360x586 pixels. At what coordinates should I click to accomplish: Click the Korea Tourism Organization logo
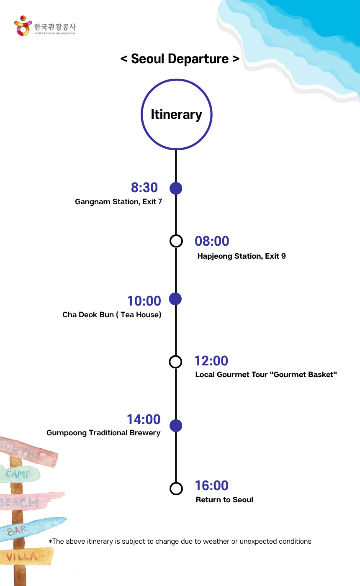click(x=45, y=27)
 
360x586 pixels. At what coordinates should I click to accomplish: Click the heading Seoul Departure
click(x=180, y=59)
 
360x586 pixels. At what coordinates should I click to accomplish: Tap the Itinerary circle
click(x=176, y=114)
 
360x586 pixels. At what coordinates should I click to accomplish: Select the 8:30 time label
click(x=144, y=188)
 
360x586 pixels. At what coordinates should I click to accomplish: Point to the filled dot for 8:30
click(x=176, y=188)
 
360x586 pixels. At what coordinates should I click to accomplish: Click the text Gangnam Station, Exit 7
click(x=118, y=202)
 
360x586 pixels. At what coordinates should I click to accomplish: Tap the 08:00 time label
click(x=212, y=241)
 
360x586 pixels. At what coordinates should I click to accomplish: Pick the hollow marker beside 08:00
click(x=176, y=241)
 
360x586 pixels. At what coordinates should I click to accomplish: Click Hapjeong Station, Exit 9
click(x=242, y=256)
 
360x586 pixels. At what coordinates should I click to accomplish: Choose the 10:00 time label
click(x=144, y=301)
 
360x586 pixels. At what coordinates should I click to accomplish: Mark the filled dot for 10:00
click(x=175, y=299)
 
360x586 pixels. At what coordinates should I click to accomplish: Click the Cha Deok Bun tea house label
click(x=112, y=315)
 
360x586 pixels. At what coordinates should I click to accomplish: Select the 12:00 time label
click(x=211, y=361)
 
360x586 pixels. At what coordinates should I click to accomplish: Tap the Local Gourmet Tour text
click(x=266, y=375)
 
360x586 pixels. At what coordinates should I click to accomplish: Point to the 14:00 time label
click(x=144, y=419)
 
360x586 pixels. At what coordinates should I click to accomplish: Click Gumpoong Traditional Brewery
click(x=103, y=433)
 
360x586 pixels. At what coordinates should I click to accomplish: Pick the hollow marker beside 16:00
click(x=176, y=488)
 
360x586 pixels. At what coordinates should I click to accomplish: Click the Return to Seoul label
click(x=224, y=500)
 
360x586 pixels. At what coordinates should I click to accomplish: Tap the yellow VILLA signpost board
click(x=25, y=556)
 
